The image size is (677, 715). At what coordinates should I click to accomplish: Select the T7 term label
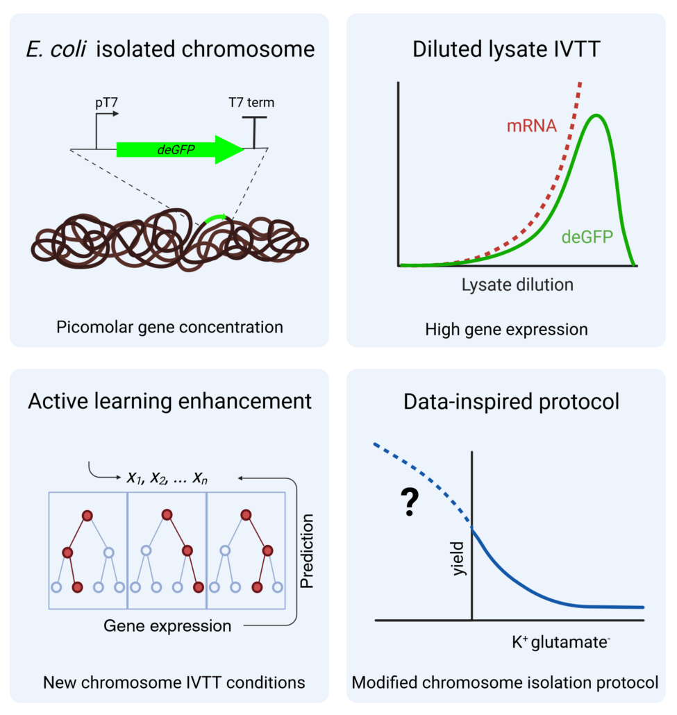click(x=251, y=103)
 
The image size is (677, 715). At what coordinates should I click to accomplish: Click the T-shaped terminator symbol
click(x=254, y=132)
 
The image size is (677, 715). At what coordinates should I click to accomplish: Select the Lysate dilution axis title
click(x=517, y=285)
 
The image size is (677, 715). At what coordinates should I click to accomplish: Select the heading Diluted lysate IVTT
click(x=505, y=50)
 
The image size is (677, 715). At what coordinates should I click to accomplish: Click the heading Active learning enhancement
click(x=169, y=401)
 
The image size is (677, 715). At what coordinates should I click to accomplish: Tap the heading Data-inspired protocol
click(x=505, y=401)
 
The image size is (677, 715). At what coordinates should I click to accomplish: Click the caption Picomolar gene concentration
click(x=169, y=326)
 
